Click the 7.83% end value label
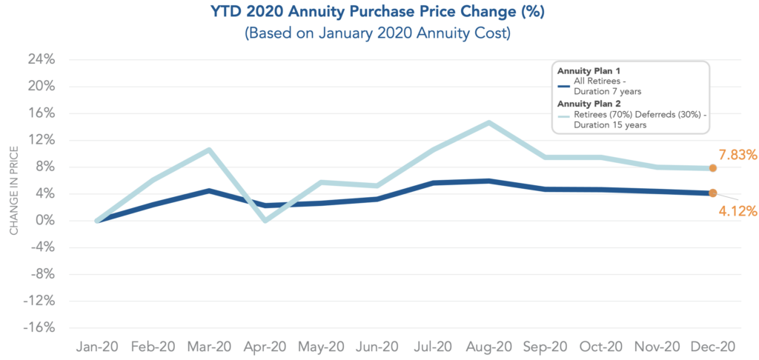click(x=737, y=155)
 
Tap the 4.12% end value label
click(x=737, y=211)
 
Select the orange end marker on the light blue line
click(x=712, y=168)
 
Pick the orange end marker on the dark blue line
click(x=712, y=193)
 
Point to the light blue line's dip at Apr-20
click(x=265, y=221)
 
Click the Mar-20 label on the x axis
click(x=209, y=347)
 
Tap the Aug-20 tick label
click(x=489, y=347)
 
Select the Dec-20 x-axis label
click(x=713, y=347)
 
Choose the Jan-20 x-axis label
click(x=97, y=347)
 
